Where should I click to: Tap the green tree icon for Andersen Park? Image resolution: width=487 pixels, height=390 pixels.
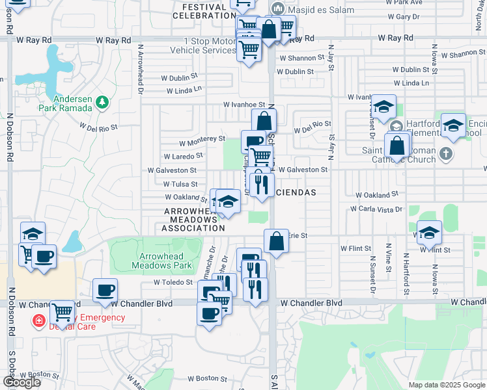pos(102,102)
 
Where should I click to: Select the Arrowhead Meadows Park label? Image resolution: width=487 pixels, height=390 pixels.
pos(161,261)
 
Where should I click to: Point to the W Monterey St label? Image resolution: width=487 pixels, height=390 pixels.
pos(202,140)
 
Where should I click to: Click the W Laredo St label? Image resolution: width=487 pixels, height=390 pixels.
pos(184,156)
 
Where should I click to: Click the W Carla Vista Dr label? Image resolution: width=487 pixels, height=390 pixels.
pos(376,209)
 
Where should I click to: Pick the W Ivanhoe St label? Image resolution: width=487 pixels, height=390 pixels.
pos(244,104)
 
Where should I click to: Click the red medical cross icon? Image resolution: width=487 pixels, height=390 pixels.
pos(38,321)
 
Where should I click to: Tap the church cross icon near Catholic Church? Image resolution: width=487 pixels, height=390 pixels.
pos(445,154)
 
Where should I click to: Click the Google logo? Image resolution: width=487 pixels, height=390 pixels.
pos(21,382)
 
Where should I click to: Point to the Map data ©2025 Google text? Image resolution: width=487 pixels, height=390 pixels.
pos(447,385)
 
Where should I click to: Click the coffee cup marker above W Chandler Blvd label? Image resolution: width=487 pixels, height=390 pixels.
pos(105,291)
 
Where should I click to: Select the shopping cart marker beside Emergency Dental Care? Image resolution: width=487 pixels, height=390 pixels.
pos(62,313)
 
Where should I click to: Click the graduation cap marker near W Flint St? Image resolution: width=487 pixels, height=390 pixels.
pos(429,233)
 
